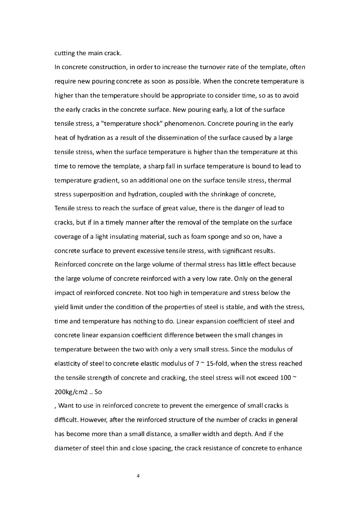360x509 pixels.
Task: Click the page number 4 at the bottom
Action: click(138, 476)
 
